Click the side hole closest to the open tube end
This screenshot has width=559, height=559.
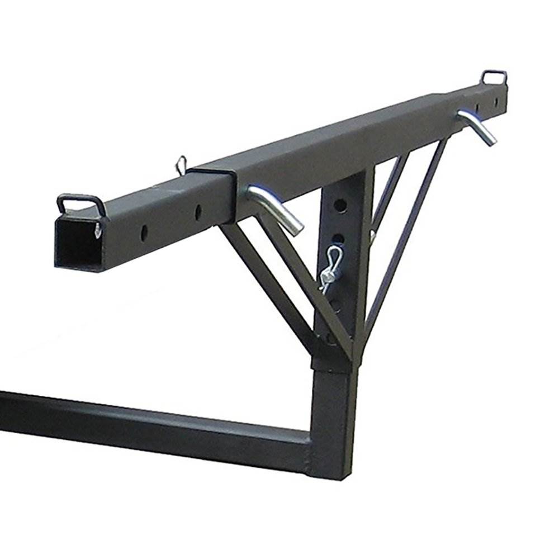pyautogui.click(x=144, y=230)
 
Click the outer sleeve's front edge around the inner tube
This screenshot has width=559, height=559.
pyautogui.click(x=230, y=193)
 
